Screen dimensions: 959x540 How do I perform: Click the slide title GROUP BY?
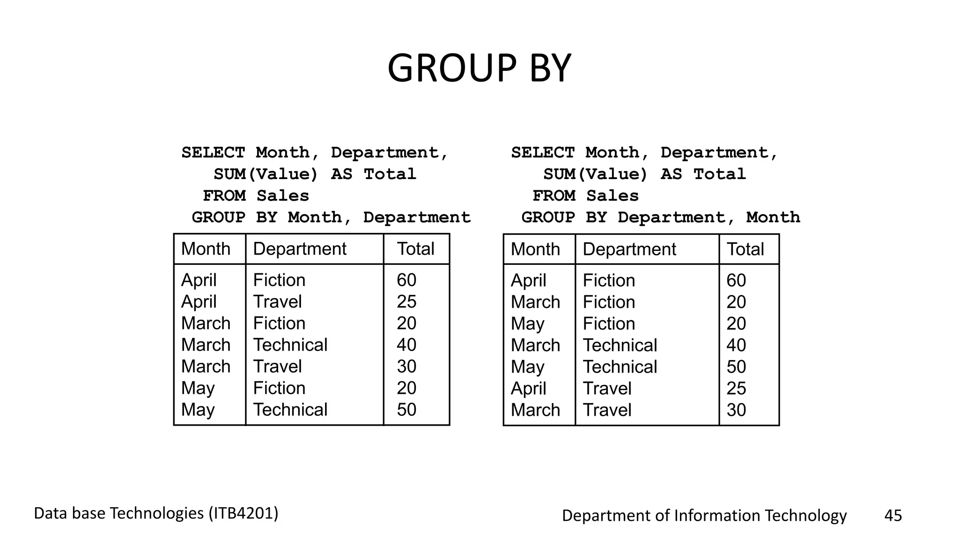479,68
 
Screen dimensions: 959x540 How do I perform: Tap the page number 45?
893,516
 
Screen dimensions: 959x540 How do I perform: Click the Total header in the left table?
416,249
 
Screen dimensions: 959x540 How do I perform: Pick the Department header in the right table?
629,249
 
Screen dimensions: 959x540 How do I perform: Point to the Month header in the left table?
206,249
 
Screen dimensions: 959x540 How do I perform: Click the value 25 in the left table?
406,301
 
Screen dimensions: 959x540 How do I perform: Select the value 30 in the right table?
736,410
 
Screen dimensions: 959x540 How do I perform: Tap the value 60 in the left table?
406,280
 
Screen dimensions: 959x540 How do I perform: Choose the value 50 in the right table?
736,367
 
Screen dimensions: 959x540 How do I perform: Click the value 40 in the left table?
406,345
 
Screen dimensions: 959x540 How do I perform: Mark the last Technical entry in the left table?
290,410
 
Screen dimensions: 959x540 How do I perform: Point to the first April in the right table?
528,280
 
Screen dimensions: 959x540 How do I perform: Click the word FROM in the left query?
224,196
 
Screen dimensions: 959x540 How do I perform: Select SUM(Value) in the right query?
596,174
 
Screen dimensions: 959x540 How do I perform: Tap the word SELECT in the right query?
542,153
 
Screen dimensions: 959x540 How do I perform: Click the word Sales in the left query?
283,196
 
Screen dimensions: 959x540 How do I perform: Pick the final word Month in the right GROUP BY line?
773,217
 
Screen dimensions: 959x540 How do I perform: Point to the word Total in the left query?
390,174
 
